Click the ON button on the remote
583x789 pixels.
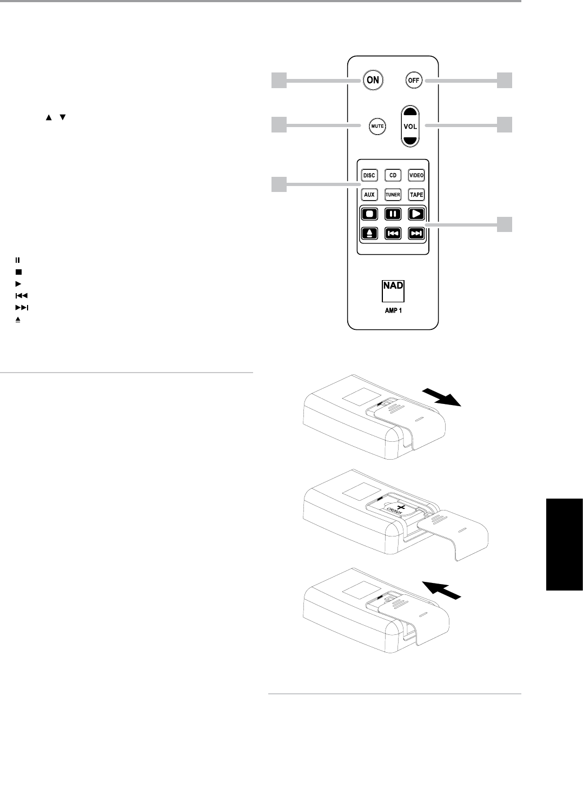pos(373,80)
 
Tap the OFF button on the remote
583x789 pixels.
pos(413,80)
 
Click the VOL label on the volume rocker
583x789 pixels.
pos(410,125)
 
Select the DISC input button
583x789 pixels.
pos(369,175)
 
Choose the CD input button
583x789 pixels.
pos(393,175)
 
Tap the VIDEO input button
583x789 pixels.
pos(416,175)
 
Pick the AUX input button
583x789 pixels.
pos(369,194)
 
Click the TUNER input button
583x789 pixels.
pos(393,194)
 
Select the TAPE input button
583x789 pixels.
pos(416,194)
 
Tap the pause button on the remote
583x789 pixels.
pos(393,214)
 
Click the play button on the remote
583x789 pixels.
pos(416,214)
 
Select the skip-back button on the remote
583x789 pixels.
pos(393,233)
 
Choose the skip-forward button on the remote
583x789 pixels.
pos(416,233)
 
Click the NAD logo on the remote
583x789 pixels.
pos(393,291)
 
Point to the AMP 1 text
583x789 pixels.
pos(393,311)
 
